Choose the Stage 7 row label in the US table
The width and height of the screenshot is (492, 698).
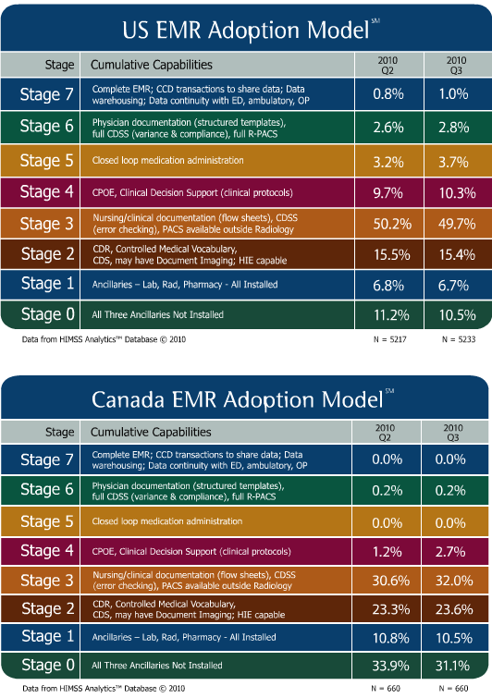coord(46,94)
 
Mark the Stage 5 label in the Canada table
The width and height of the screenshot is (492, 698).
coord(46,520)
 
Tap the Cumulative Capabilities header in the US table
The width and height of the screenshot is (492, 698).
coord(151,65)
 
